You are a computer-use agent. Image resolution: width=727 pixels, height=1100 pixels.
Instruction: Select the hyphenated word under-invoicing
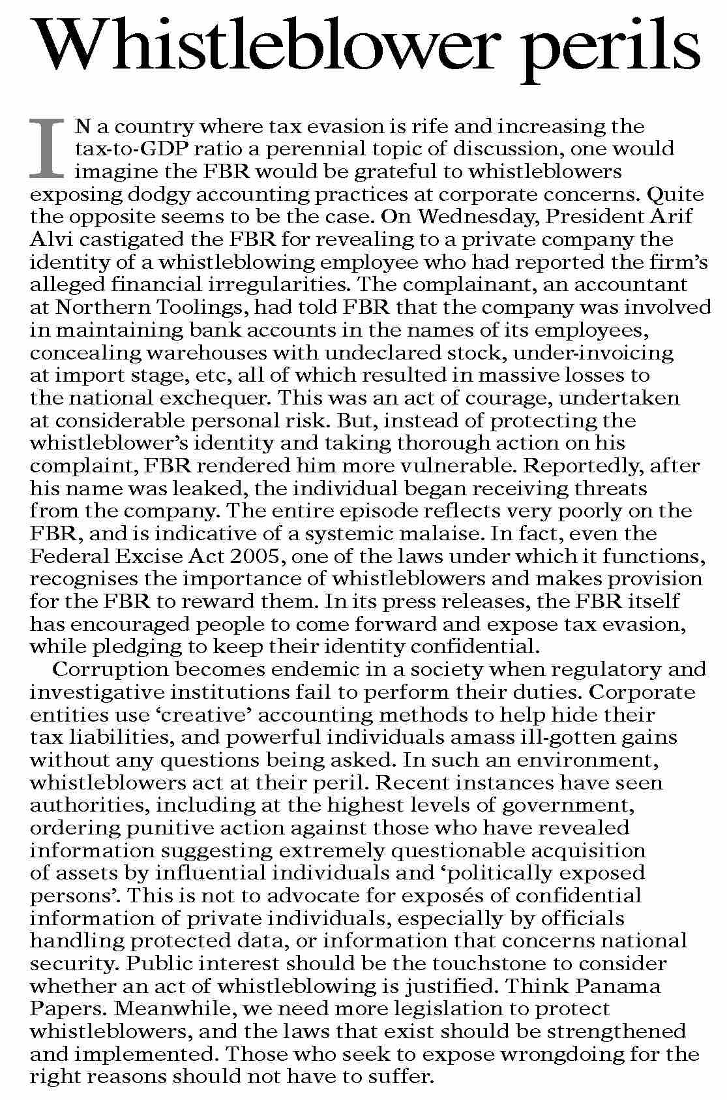[x=593, y=352]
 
